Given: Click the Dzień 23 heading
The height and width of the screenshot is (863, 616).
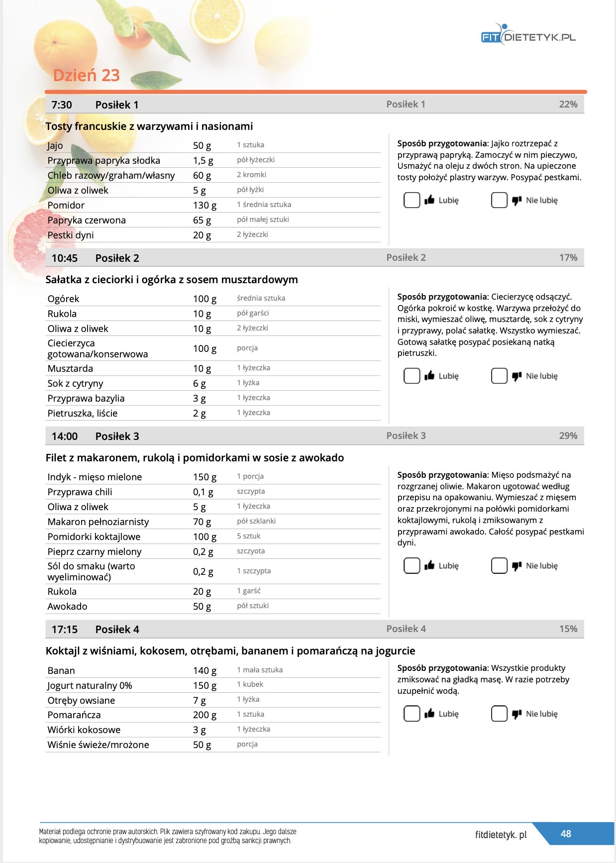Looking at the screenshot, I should point(87,75).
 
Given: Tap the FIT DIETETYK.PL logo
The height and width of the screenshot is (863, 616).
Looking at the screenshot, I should point(528,36).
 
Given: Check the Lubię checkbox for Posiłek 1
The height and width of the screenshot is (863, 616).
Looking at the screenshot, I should point(411,200).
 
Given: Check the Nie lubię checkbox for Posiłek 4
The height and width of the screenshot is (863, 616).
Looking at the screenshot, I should point(499,714).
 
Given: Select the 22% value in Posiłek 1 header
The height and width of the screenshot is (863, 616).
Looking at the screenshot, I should point(568,105).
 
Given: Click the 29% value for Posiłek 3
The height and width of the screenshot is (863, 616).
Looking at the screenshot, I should point(568,436).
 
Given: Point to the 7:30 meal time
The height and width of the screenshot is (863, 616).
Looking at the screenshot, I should point(62,105).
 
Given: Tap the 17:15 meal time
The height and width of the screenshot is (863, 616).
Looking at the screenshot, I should point(65,630).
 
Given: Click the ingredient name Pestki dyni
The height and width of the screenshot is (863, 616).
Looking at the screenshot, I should point(71,235).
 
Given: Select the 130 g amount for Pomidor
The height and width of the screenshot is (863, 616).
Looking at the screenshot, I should point(205,205).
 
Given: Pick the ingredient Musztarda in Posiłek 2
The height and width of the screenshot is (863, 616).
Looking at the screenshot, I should point(70,368).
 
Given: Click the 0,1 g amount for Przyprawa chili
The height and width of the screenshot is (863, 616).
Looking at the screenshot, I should point(203,492).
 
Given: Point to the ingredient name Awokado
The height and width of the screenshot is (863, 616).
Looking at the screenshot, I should point(67,606).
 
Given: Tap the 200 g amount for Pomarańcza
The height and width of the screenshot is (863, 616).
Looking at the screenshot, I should point(205,715).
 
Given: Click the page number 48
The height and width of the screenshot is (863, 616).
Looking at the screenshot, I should point(566,834).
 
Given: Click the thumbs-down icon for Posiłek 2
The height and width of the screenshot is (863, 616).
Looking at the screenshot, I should point(517,376).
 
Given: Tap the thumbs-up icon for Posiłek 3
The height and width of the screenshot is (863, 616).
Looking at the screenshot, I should point(429,565).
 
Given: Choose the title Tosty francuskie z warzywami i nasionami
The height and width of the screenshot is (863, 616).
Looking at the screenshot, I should point(149,126).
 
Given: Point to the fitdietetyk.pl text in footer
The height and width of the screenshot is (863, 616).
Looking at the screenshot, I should point(501,835).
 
